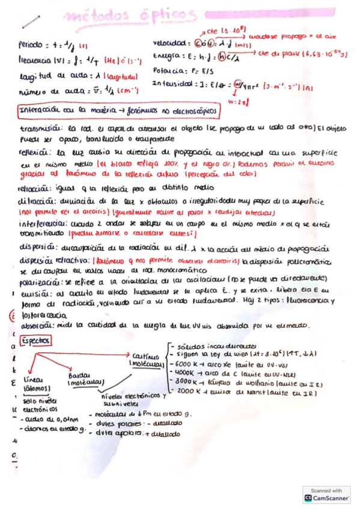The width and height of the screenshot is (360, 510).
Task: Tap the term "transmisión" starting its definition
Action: coord(40,127)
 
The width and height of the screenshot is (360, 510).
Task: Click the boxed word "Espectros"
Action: coord(36,340)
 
